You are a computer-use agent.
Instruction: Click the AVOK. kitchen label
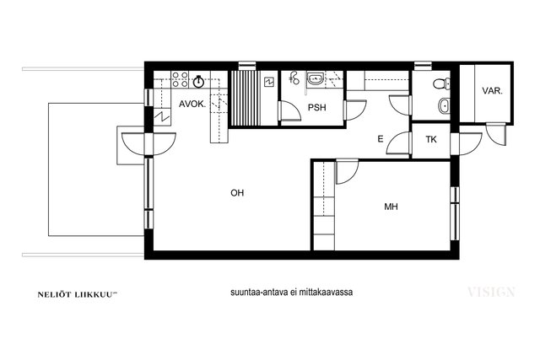click(x=192, y=104)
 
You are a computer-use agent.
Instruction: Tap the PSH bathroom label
click(x=317, y=107)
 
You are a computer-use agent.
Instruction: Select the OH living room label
click(x=237, y=193)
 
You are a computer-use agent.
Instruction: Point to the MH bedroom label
click(x=391, y=207)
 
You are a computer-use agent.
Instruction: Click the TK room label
click(x=431, y=139)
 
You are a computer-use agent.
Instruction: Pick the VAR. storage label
click(x=492, y=91)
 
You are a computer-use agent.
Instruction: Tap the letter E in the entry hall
click(x=381, y=139)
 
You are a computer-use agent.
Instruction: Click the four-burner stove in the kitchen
click(x=180, y=79)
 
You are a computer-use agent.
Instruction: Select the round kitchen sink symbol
click(x=198, y=81)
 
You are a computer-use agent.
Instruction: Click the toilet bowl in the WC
click(x=441, y=83)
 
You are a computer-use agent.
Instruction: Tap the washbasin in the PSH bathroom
click(x=315, y=78)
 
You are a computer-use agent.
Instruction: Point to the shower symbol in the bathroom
click(x=294, y=78)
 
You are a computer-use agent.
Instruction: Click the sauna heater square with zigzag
click(x=268, y=83)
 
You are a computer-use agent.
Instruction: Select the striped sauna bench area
click(x=245, y=99)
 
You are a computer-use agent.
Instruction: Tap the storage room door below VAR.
click(x=497, y=134)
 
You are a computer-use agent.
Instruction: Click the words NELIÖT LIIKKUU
click(x=75, y=294)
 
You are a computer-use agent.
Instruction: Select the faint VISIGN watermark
click(x=491, y=293)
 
